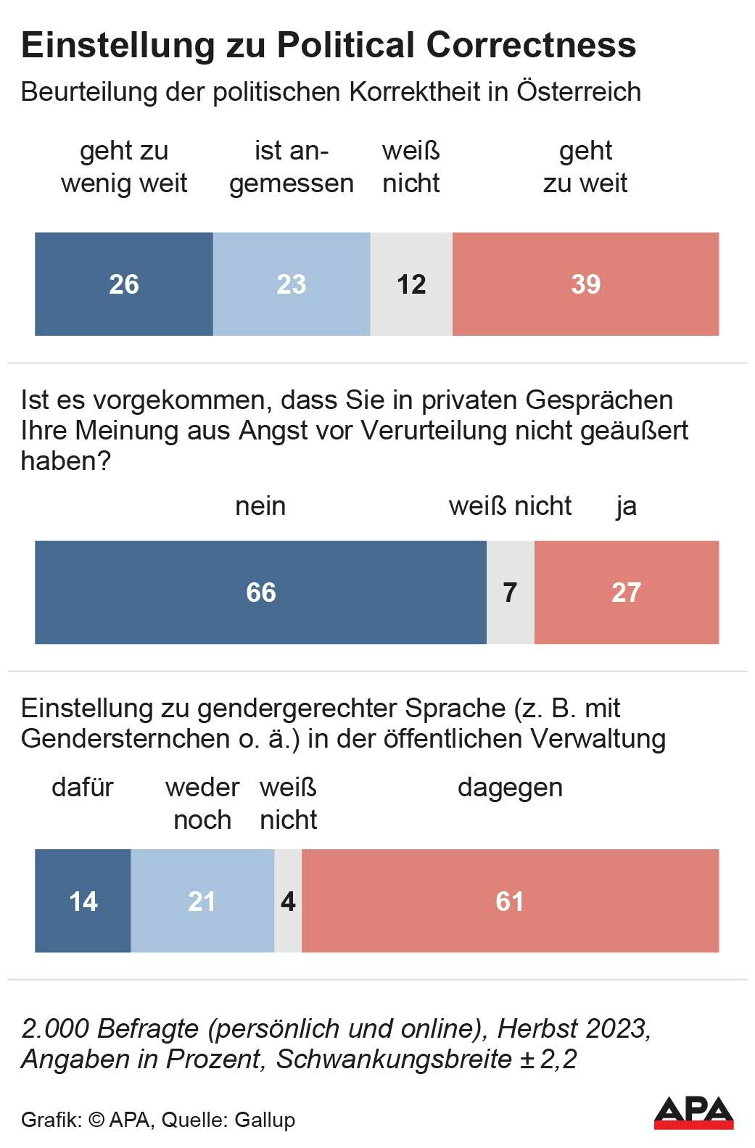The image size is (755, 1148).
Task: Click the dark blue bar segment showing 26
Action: (x=124, y=284)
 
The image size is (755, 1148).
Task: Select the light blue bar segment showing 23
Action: (x=292, y=284)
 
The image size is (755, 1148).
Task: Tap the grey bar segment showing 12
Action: (x=411, y=284)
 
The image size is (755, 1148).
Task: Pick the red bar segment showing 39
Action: (x=585, y=284)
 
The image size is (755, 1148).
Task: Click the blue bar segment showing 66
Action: (x=260, y=592)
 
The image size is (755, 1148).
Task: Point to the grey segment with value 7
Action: (x=511, y=592)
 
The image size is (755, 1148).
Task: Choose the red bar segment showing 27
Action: (x=627, y=592)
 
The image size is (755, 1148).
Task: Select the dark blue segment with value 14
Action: (x=83, y=901)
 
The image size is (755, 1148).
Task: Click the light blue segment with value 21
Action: (x=202, y=901)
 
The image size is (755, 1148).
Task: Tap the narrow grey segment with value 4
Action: (x=288, y=901)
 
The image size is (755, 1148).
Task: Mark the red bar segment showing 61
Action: (x=510, y=901)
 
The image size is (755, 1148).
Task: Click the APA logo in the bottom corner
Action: (x=693, y=1112)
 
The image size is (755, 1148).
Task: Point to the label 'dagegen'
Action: (x=510, y=788)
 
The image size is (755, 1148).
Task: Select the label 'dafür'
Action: (x=83, y=788)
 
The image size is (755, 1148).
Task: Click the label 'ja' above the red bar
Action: (x=627, y=506)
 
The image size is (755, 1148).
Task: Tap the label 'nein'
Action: (x=260, y=506)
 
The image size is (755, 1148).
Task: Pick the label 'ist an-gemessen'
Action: (x=292, y=167)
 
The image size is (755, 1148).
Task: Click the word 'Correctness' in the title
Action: (x=531, y=45)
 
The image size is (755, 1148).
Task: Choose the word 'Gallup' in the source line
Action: (x=265, y=1120)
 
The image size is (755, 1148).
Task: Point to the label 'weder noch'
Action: (x=202, y=804)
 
